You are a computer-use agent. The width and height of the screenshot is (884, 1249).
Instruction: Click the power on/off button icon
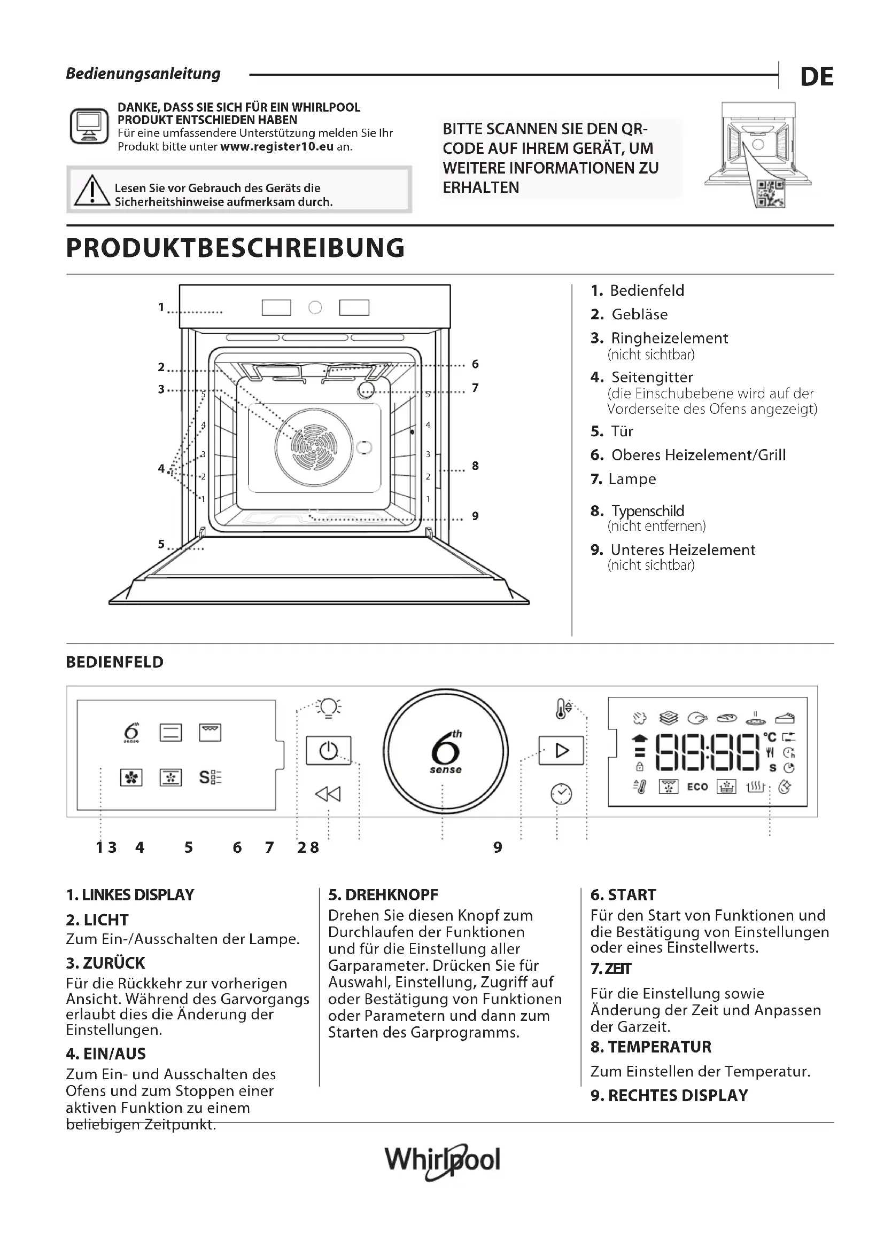[x=328, y=751]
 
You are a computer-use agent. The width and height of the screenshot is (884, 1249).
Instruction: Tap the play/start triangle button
[x=561, y=751]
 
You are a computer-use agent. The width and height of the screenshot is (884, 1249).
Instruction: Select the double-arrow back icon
[x=328, y=794]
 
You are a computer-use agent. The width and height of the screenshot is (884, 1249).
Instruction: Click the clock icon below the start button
[x=561, y=794]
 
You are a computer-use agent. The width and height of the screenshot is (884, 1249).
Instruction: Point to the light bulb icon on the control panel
[x=329, y=708]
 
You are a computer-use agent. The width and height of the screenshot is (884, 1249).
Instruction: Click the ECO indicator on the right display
[x=697, y=787]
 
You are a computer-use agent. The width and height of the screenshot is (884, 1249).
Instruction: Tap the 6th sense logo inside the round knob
[x=446, y=752]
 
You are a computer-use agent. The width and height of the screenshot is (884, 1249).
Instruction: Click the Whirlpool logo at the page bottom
[x=442, y=1160]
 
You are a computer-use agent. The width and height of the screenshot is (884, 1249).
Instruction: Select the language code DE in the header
[x=817, y=77]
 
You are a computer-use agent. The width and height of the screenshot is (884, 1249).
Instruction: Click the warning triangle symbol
[x=92, y=191]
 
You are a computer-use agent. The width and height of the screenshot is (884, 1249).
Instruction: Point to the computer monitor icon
[x=89, y=125]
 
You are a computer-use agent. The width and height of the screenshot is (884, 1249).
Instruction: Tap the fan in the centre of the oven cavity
[x=314, y=446]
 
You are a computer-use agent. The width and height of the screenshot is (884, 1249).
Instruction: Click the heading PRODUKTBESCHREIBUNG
[x=235, y=248]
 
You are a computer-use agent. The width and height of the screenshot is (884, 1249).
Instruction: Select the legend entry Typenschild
[x=647, y=511]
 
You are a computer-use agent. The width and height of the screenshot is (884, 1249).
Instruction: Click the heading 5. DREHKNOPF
[x=383, y=895]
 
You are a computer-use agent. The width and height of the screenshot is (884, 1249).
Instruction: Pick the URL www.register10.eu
[x=276, y=147]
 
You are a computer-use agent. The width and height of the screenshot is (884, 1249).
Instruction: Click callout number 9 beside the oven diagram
[x=475, y=516]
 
